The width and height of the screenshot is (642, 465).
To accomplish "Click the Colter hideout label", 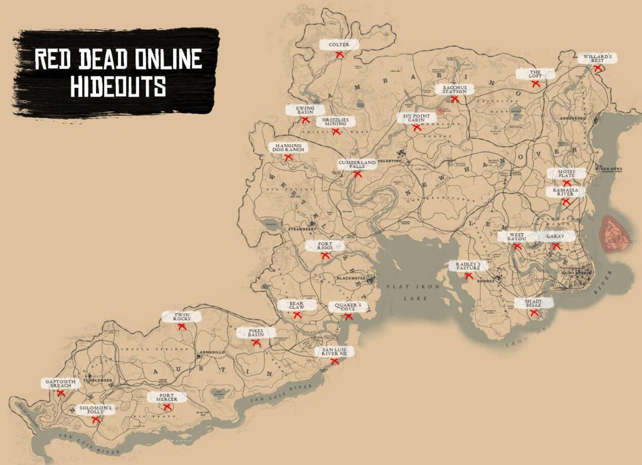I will click(339, 44).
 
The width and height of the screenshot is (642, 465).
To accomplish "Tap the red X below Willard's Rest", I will click(598, 69).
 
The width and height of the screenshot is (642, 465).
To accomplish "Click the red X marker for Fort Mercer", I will click(167, 408).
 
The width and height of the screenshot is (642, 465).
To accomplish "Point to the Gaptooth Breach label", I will click(61, 383).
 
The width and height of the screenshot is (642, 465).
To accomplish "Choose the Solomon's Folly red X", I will click(96, 420).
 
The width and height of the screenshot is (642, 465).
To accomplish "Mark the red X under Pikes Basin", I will click(256, 342).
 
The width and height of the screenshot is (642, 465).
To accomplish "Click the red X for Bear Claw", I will click(297, 315).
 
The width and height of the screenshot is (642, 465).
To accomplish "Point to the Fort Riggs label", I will click(324, 246).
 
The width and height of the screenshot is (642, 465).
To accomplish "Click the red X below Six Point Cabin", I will click(417, 128).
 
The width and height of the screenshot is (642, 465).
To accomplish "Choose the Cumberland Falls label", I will click(357, 164).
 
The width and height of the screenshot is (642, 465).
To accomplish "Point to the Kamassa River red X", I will click(566, 202).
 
